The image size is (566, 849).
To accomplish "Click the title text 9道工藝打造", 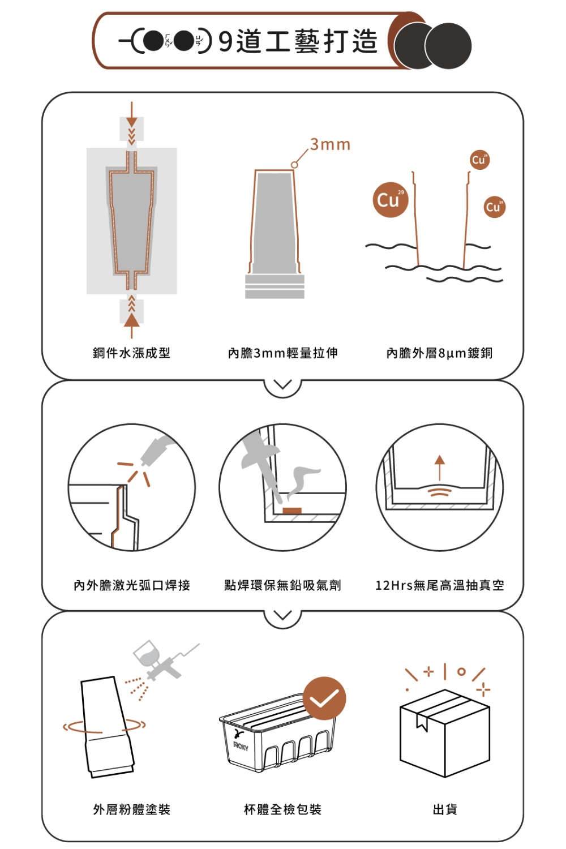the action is pos(298,41).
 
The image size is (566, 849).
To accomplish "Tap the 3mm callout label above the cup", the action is pos(330,144).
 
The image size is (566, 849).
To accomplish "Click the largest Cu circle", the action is pos(391,199).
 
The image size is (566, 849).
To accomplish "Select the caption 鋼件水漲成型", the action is pos(131,353).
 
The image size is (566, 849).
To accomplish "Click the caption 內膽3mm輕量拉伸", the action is pos(283,353).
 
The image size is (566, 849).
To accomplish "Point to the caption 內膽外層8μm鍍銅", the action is pos(439,353).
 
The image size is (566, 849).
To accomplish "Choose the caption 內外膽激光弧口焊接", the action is pos(132,585).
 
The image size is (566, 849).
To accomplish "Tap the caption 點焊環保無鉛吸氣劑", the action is pos(283,585).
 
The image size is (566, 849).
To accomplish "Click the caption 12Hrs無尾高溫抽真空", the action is pos(440,585).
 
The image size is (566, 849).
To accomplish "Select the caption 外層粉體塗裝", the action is pos(131,809).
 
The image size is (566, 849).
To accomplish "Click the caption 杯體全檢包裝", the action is pos(283,809).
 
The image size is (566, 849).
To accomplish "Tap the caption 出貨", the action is pos(445,809).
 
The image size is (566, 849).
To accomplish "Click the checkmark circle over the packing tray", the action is pos(324,698).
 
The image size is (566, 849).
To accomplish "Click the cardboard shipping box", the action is pos(445,733).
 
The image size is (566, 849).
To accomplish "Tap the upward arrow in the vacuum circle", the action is pos(439,468).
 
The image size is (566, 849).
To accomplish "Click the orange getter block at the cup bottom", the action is pos(292,511).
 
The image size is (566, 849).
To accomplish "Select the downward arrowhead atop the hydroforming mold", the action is pos(131,122).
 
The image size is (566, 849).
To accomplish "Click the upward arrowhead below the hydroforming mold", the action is pos(131,320).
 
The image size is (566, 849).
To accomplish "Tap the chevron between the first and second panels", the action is pos(282,384).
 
